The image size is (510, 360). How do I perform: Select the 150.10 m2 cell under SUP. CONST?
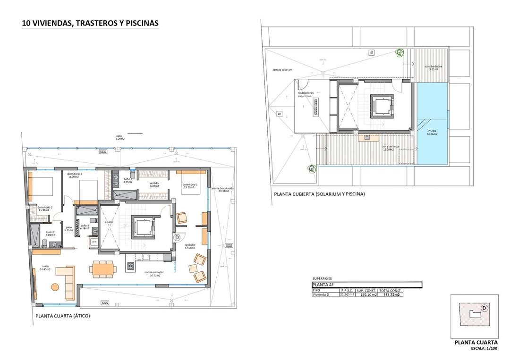[x=366, y=295]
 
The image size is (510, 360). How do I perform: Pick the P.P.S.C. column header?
[x=347, y=290]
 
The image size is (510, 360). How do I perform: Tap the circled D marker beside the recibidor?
[x=177, y=238]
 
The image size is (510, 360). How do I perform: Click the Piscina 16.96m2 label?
[x=432, y=133]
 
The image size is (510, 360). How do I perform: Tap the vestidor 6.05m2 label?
[x=155, y=184]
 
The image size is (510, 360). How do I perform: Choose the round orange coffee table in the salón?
[x=55, y=287]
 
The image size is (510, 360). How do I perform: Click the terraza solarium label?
[x=282, y=69]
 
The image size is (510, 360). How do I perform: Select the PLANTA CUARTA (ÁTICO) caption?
[x=62, y=316]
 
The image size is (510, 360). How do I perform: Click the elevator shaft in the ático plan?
[x=143, y=228]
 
